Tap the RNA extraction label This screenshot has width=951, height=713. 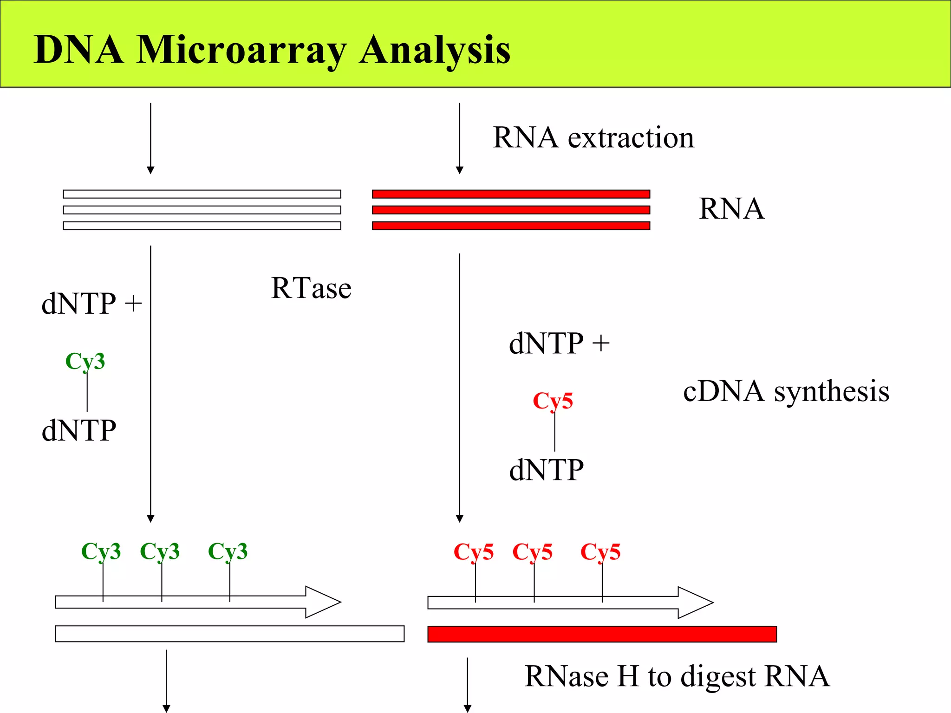coord(593,138)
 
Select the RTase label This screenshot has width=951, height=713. coord(311,288)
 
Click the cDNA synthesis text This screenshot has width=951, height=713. coord(786,391)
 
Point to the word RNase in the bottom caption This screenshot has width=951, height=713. coord(566,676)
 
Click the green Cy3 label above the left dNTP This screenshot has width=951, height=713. coord(85,361)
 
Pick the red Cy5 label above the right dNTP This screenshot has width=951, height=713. coord(553,401)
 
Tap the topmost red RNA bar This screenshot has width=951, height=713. coord(511,194)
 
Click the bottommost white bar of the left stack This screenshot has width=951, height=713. coord(202,226)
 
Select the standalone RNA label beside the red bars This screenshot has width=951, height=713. coord(731,209)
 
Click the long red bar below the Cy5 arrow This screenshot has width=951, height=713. coord(602,634)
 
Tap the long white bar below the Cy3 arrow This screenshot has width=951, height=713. coord(229,634)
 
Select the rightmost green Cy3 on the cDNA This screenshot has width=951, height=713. coord(228,551)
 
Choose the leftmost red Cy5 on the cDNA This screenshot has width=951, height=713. coord(473,552)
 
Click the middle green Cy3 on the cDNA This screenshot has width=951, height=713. coord(160,551)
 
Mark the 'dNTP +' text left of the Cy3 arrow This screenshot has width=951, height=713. coord(91,304)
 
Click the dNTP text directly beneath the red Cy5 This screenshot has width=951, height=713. coord(546,470)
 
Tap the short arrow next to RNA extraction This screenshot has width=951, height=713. coord(460,139)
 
